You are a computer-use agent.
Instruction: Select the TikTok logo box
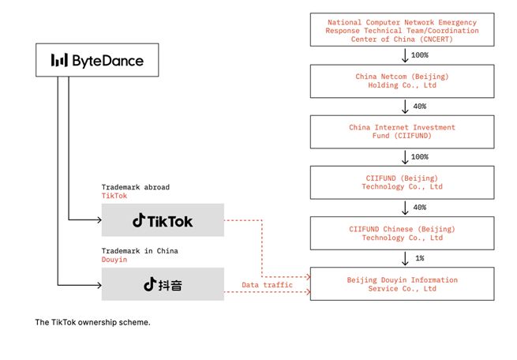163,220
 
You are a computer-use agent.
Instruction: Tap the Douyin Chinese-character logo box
163,284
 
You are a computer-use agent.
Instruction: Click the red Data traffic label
267,284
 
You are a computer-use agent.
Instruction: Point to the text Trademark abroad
135,186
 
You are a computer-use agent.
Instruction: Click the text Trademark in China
140,250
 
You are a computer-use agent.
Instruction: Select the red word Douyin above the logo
114,259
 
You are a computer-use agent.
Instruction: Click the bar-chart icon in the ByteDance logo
58,60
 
